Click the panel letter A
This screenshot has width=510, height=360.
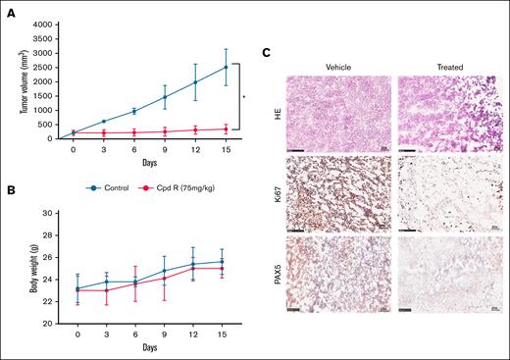click(7, 8)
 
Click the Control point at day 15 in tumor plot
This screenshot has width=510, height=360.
click(255, 67)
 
